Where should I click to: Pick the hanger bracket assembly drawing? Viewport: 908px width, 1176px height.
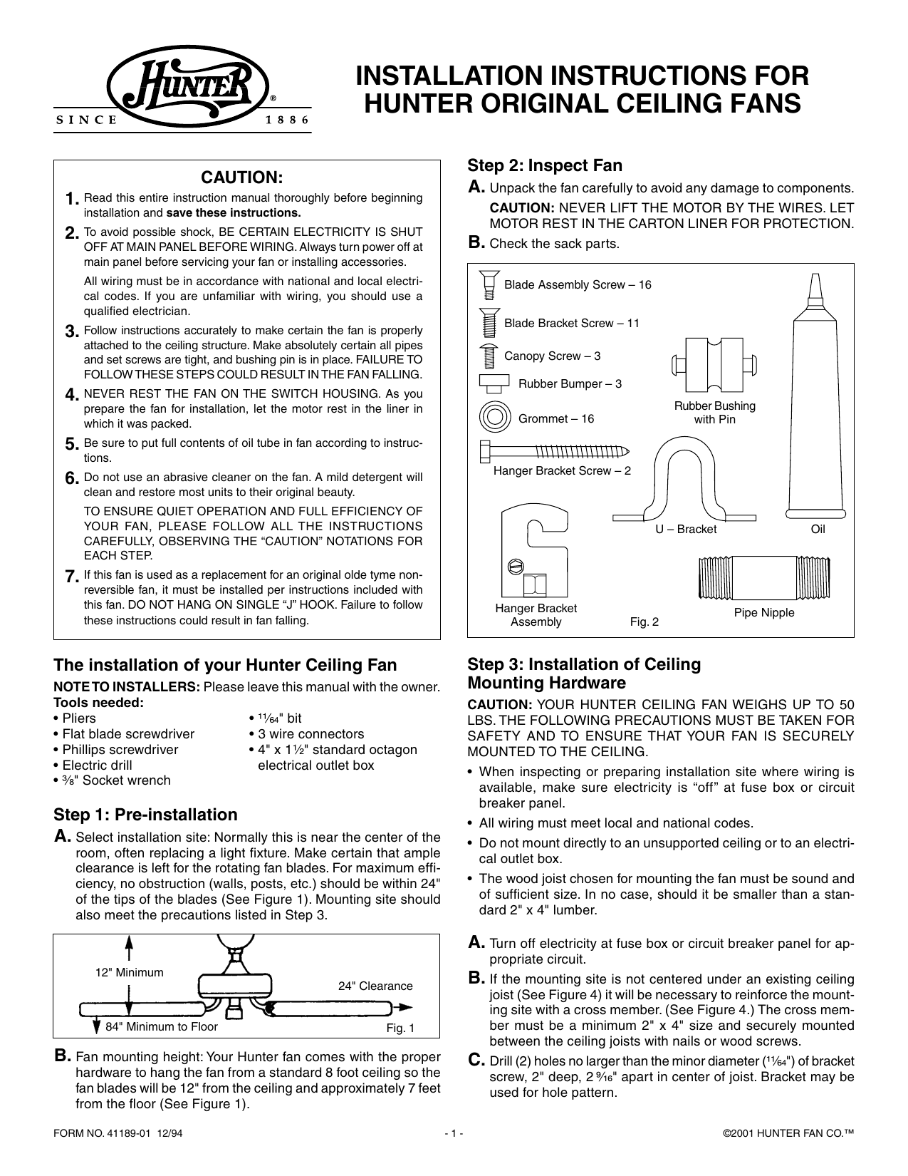coord(536,552)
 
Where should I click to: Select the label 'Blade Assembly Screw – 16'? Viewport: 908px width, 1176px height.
coord(578,285)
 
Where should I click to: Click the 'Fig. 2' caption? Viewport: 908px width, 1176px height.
coord(645,622)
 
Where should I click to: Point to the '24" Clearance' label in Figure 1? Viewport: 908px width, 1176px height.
coord(375,986)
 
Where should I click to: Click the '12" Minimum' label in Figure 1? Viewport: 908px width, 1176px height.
coord(130,972)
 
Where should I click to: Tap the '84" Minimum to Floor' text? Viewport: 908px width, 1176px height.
coord(162,1027)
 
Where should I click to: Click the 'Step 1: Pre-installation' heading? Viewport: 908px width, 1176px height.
coord(146,815)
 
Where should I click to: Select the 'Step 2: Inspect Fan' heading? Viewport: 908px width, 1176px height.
coord(545,165)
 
